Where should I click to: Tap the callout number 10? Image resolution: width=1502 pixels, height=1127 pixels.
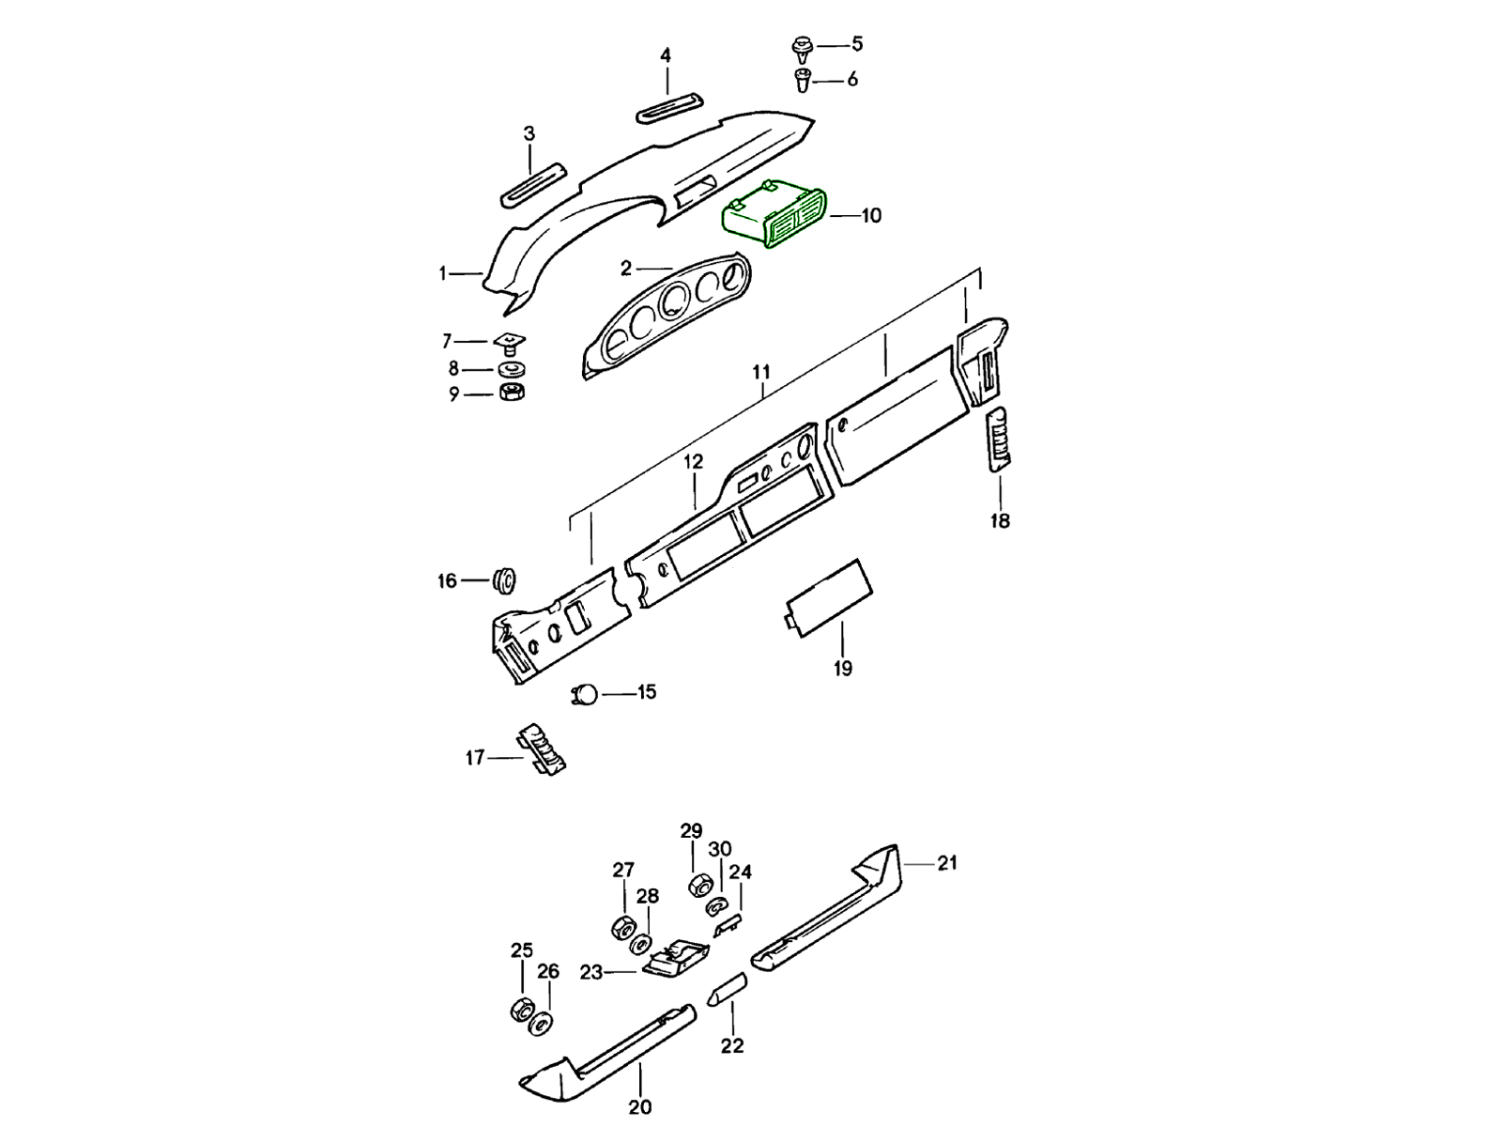click(x=871, y=216)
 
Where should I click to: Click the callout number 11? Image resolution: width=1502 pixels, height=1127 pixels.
click(x=760, y=372)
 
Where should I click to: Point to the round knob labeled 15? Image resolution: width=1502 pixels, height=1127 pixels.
click(x=586, y=694)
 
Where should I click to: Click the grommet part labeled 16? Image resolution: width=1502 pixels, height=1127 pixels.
click(x=505, y=580)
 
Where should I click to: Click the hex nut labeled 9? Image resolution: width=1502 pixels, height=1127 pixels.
click(x=512, y=392)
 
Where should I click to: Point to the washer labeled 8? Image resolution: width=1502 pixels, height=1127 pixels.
click(x=511, y=369)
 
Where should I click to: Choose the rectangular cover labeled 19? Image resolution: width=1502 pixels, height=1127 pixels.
click(x=829, y=592)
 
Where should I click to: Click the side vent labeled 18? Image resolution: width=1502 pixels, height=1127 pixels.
click(x=999, y=440)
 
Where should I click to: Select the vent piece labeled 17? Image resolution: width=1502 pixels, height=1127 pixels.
click(x=544, y=750)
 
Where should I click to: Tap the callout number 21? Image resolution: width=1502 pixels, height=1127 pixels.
click(x=947, y=862)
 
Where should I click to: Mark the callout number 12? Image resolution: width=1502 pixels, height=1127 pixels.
click(x=693, y=462)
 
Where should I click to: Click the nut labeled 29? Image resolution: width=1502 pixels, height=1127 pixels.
click(x=698, y=885)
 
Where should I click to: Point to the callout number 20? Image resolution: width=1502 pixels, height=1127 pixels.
click(x=640, y=1106)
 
